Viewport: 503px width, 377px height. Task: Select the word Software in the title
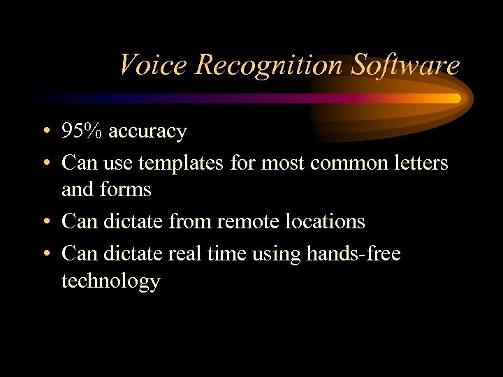(x=405, y=65)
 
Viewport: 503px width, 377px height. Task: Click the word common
(x=328, y=163)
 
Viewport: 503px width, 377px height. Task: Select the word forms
(x=126, y=189)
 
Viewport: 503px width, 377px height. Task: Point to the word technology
(x=110, y=281)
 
